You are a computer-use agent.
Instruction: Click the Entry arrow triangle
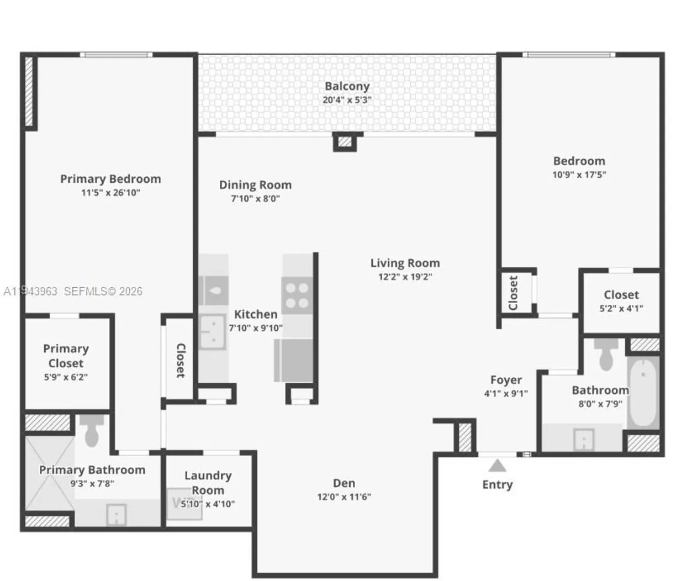[x=498, y=466]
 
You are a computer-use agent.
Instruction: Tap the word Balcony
[x=347, y=86]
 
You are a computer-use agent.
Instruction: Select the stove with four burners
[x=297, y=295]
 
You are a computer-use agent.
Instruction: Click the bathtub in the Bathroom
[x=643, y=392]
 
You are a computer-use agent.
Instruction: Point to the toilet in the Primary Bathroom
[x=92, y=431]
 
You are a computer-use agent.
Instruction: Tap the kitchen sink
[x=212, y=332]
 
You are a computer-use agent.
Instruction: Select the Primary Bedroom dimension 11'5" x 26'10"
[x=110, y=193]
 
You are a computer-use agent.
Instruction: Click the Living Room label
[x=405, y=263]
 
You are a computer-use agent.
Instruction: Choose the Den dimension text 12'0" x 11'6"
[x=344, y=497]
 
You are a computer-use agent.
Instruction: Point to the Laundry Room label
[x=208, y=482]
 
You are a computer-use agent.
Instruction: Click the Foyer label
[x=506, y=380]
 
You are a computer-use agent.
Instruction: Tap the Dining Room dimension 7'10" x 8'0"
[x=255, y=199]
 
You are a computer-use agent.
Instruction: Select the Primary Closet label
[x=66, y=356]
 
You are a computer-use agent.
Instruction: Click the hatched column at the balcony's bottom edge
[x=345, y=142]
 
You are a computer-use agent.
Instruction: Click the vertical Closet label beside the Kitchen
[x=181, y=360]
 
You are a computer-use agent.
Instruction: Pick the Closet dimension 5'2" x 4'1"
[x=621, y=309]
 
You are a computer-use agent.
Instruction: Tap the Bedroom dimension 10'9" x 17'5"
[x=579, y=175]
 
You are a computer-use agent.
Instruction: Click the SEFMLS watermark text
[x=103, y=291]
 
